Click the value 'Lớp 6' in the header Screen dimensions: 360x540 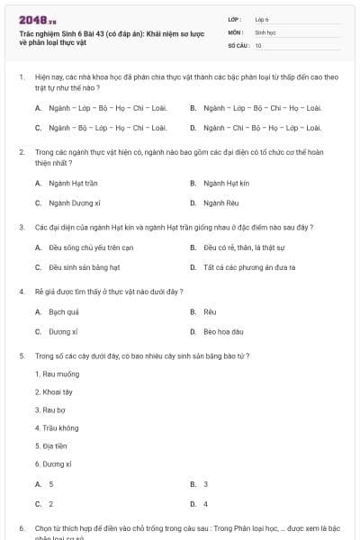click(x=262, y=18)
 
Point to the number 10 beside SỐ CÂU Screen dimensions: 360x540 click(x=258, y=44)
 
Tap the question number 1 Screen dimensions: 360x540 click(x=21, y=77)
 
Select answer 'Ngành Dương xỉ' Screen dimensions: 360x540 click(x=67, y=203)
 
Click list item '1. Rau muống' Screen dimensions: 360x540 click(x=57, y=373)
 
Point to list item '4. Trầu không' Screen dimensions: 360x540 click(x=57, y=427)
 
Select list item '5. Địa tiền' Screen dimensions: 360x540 click(x=52, y=445)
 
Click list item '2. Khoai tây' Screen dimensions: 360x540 click(x=54, y=391)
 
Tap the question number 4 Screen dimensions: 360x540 click(x=21, y=292)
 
